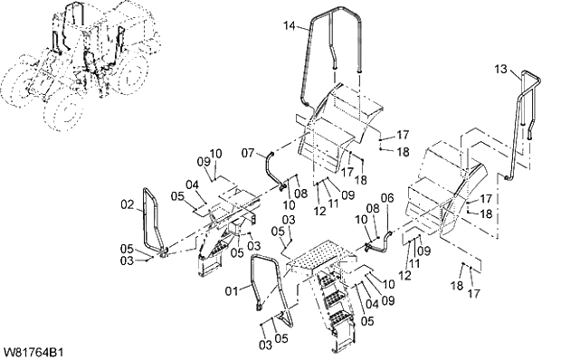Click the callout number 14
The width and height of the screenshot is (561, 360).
point(290,25)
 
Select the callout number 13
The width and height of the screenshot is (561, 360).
point(501,68)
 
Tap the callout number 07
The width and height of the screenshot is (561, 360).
point(248,154)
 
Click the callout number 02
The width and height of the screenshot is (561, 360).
point(128,204)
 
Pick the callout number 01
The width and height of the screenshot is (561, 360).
point(232,291)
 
